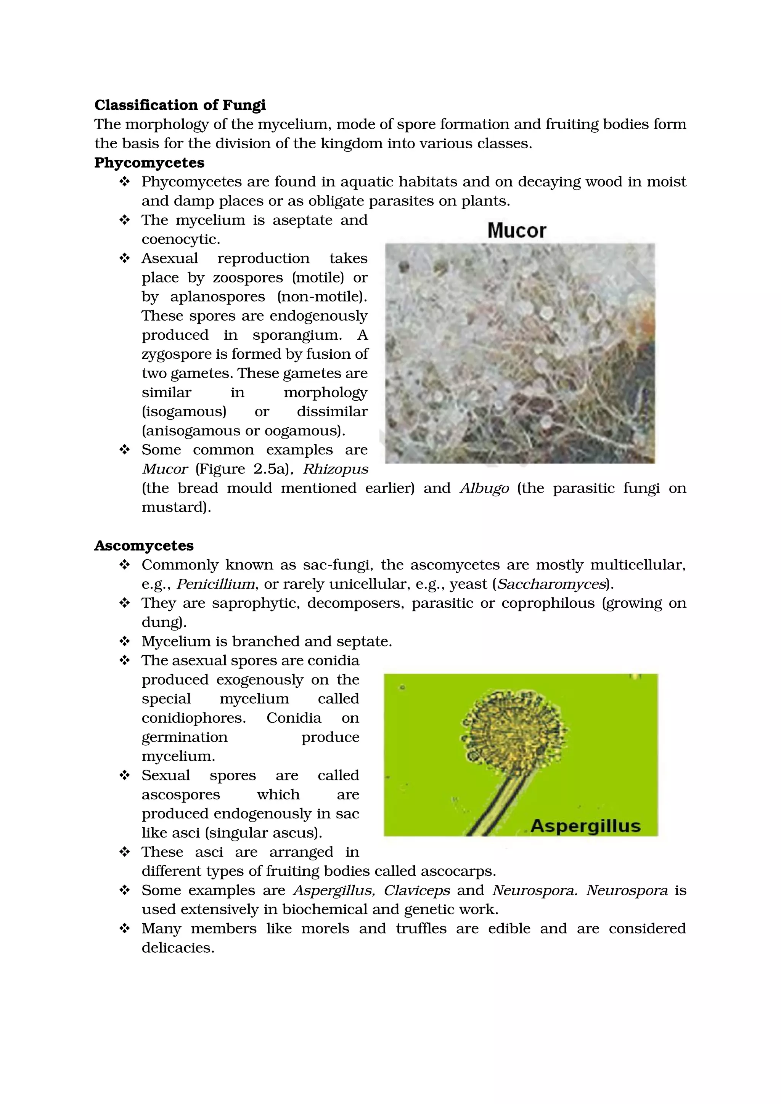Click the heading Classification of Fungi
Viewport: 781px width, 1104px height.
pyautogui.click(x=180, y=105)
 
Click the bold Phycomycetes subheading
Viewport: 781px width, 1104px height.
pyautogui.click(x=149, y=162)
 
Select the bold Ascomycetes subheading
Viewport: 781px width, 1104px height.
pyautogui.click(x=144, y=545)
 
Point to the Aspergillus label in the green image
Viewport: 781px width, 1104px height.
pyautogui.click(x=585, y=826)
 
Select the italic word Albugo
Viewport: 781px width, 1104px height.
pyautogui.click(x=484, y=488)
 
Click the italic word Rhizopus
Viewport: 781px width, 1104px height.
pyautogui.click(x=335, y=469)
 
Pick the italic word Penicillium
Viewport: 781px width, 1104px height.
pyautogui.click(x=216, y=584)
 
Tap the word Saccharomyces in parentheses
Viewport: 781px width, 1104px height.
pyautogui.click(x=551, y=584)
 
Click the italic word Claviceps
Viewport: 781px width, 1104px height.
pyautogui.click(x=416, y=890)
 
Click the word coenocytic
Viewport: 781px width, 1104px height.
pyautogui.click(x=180, y=239)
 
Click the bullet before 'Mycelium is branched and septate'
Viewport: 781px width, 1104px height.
pyautogui.click(x=125, y=641)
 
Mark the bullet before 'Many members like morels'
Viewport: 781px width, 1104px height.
pyautogui.click(x=125, y=928)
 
